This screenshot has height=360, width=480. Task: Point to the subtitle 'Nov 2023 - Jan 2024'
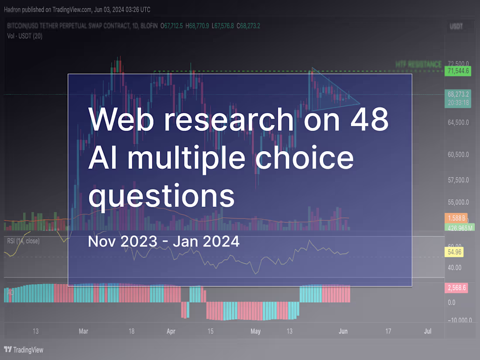point(164,241)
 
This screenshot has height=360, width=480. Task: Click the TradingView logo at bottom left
point(24,350)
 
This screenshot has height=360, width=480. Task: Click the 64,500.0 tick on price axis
point(458,123)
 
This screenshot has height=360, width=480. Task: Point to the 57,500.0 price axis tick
point(458,180)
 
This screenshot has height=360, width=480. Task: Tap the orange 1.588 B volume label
point(456,218)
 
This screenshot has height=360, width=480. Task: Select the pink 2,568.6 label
point(456,288)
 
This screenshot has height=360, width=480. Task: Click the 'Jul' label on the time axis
point(428,331)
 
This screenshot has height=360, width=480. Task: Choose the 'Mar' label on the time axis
point(83,331)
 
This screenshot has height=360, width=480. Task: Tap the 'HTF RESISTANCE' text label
point(418,64)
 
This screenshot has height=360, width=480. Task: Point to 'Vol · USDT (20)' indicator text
point(25,36)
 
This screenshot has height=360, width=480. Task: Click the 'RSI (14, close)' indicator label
point(23,241)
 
